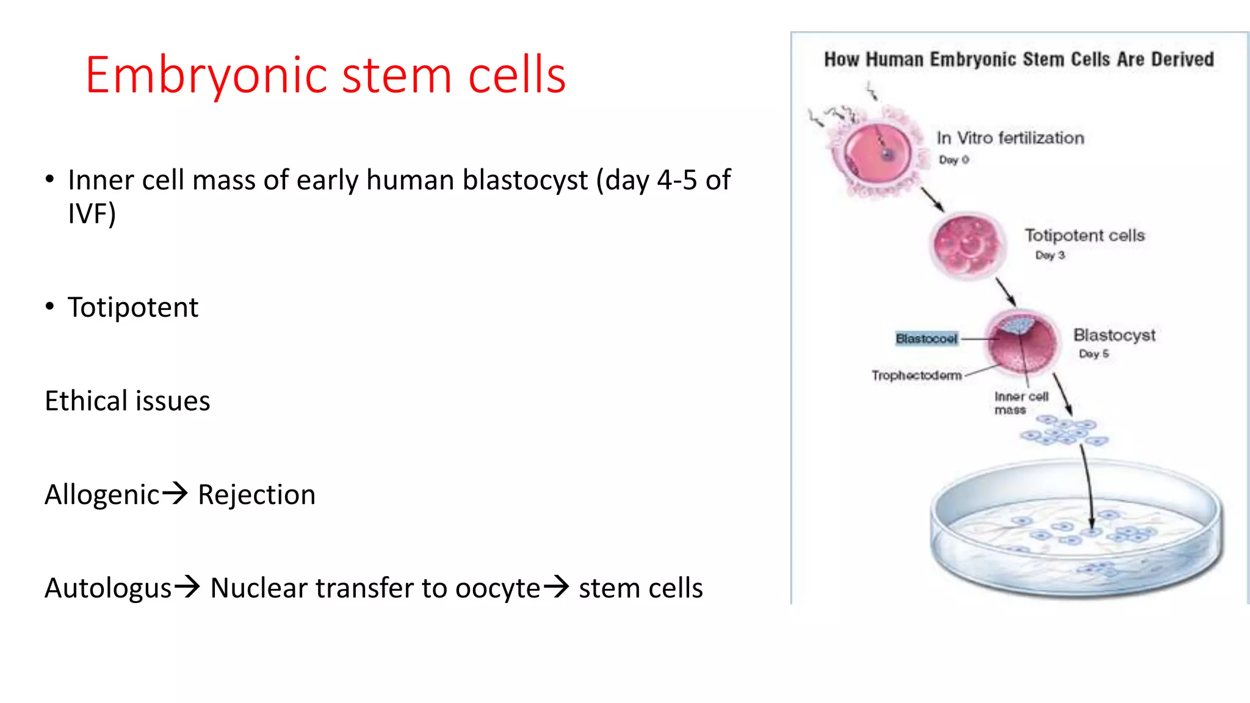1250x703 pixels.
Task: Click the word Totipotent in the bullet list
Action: (x=133, y=307)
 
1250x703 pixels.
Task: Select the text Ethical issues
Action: (x=128, y=401)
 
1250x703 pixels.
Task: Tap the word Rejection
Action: (x=256, y=494)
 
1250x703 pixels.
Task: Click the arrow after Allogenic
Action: (x=176, y=492)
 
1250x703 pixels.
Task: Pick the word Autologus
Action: (x=108, y=588)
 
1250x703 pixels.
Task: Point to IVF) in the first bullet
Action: (x=92, y=214)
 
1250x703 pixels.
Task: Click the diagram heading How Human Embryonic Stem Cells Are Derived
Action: (x=1019, y=59)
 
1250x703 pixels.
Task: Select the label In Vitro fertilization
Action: (x=1010, y=138)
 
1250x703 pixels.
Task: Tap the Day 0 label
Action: (x=953, y=160)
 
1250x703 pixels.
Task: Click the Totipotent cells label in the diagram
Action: (x=1085, y=236)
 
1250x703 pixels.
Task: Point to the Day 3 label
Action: (x=1050, y=255)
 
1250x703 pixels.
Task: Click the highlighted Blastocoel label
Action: (x=926, y=339)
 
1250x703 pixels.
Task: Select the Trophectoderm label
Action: (x=916, y=375)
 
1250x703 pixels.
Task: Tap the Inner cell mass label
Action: (x=1021, y=403)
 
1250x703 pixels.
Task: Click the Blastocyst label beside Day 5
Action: (x=1114, y=335)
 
